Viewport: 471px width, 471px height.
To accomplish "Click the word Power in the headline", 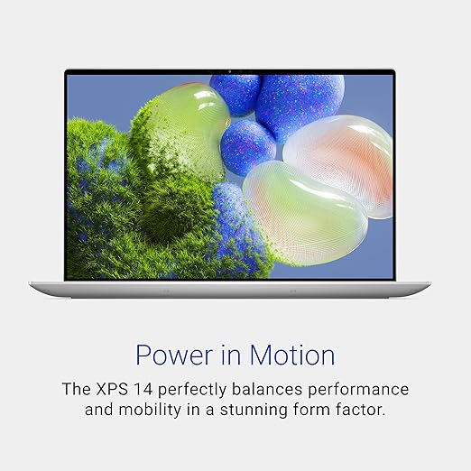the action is click(174, 356).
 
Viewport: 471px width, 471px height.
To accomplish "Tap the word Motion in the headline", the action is click(292, 355).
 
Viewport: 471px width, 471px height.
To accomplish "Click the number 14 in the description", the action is click(143, 389).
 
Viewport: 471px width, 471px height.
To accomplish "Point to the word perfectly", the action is click(192, 390).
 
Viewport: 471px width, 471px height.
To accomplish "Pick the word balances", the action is click(267, 389).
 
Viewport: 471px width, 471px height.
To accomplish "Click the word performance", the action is click(358, 391).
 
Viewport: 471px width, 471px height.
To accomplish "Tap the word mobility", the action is click(150, 411).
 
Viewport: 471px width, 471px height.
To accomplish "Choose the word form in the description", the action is click(311, 410).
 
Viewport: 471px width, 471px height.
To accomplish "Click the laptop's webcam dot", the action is click(230, 72).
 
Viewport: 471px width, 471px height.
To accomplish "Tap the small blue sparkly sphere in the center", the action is click(248, 148).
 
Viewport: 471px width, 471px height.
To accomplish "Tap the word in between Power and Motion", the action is click(231, 355).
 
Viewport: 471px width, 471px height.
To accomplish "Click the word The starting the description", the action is click(76, 389).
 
